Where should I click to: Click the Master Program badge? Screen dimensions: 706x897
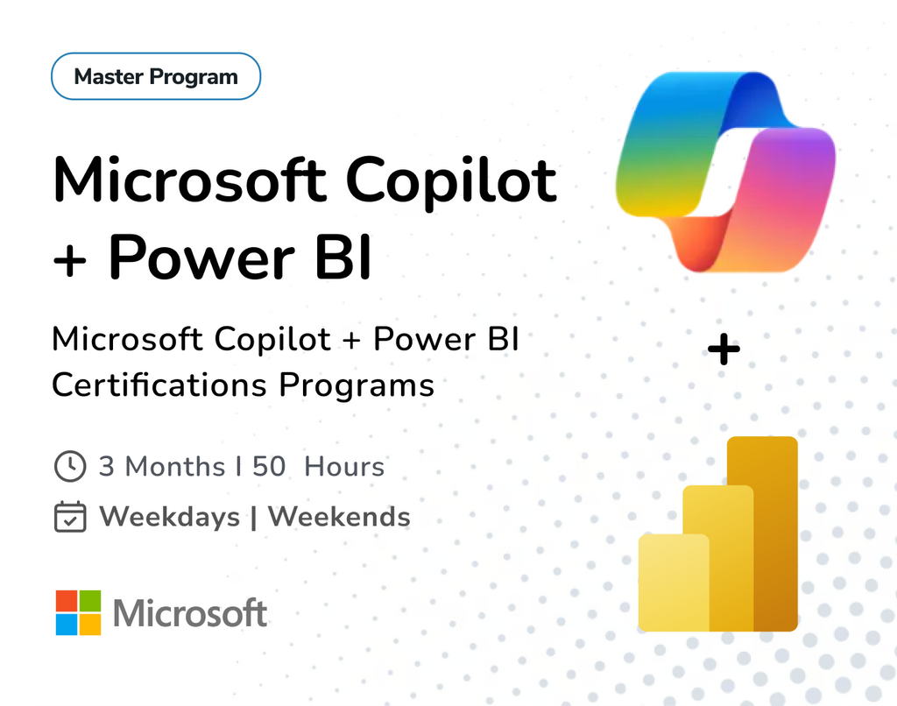[x=156, y=76]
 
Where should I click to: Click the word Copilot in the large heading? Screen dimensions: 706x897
[x=451, y=179]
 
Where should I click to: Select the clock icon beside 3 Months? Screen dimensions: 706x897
[x=69, y=466]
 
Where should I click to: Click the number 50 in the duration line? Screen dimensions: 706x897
[x=269, y=466]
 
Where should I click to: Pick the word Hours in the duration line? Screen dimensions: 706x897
[x=344, y=466]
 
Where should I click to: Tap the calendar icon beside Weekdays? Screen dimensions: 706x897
[x=69, y=517]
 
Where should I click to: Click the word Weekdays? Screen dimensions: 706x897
[x=169, y=517]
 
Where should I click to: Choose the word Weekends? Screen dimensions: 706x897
[x=339, y=517]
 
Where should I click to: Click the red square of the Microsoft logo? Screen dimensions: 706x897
[x=67, y=600]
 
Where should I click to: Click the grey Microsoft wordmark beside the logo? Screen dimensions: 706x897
[x=190, y=613]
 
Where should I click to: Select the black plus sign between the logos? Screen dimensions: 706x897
[x=724, y=351]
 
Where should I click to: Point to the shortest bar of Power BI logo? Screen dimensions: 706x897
[x=672, y=582]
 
